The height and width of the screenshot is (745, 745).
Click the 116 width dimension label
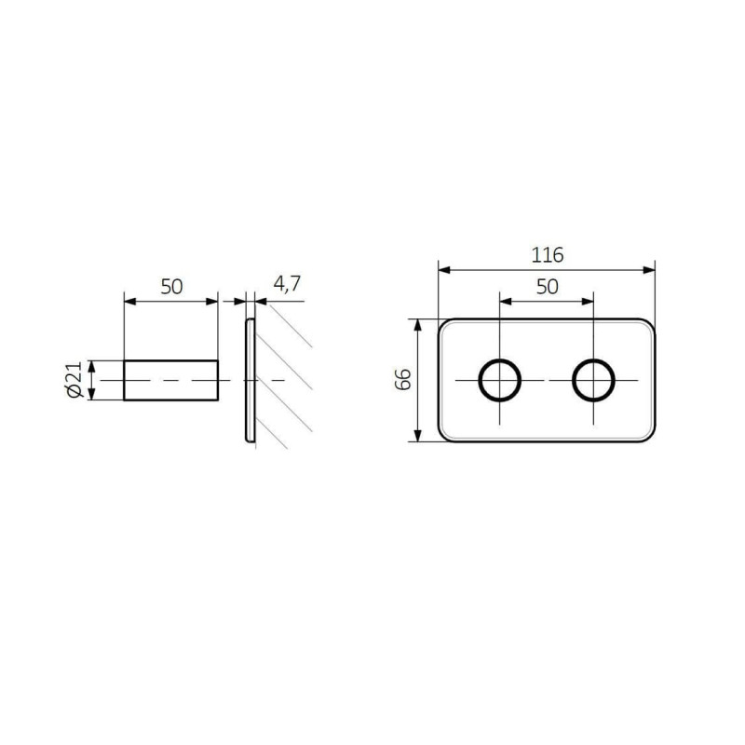(547, 255)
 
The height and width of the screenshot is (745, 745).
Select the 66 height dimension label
(403, 379)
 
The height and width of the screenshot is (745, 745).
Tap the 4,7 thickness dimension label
(287, 284)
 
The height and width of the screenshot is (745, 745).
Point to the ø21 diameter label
(74, 380)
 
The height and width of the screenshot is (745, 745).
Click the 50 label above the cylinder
(171, 287)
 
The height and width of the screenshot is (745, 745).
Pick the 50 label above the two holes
(547, 287)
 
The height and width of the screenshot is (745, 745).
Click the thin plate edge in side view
(250, 380)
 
